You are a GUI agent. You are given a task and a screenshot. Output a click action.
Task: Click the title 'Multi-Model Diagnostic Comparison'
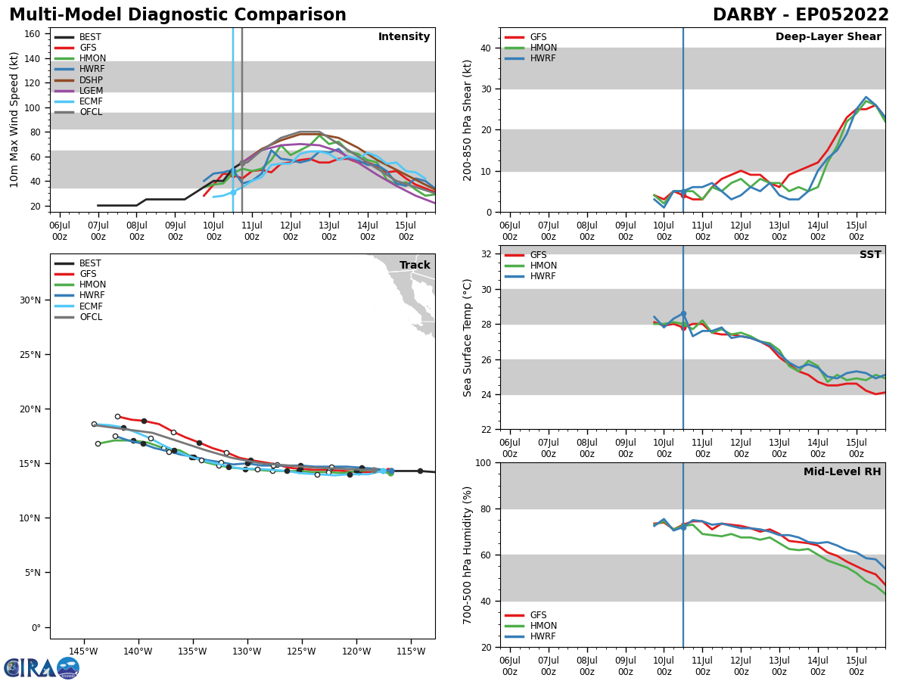[178, 15]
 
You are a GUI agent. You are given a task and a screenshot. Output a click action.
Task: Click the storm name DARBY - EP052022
[801, 15]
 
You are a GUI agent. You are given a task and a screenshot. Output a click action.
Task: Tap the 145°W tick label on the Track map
[83, 651]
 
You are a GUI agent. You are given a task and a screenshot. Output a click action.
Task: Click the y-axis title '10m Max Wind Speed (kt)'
[14, 120]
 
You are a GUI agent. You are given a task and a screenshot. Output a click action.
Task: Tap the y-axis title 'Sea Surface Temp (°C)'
[468, 337]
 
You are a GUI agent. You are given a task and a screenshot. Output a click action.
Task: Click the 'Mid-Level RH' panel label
[842, 472]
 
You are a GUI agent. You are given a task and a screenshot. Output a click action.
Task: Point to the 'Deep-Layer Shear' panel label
[828, 37]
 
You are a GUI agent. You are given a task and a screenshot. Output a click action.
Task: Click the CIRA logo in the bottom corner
[42, 668]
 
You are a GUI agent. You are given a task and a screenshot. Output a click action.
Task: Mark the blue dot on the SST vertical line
[683, 313]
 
